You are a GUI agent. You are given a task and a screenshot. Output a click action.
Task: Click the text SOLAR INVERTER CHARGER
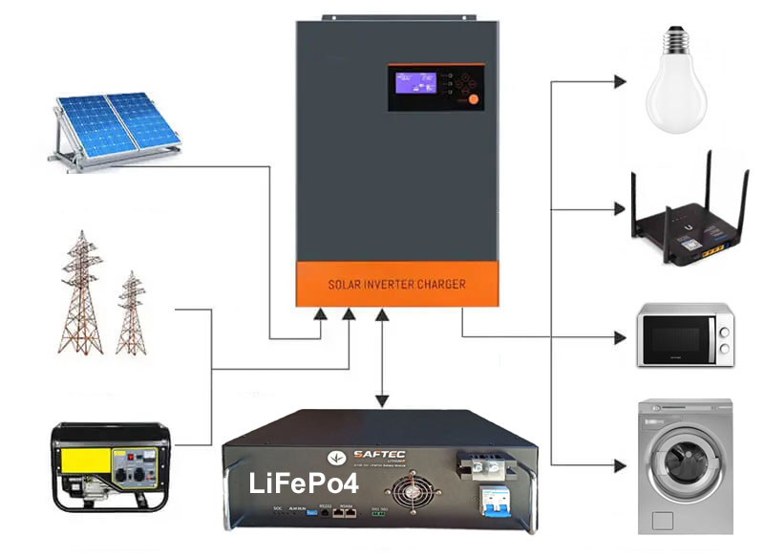click(396, 284)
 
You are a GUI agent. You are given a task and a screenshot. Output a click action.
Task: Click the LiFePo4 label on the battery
click(290, 483)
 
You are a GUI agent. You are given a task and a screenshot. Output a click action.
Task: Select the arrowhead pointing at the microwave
click(621, 336)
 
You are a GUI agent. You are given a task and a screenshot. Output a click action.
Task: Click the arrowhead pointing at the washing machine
click(621, 466)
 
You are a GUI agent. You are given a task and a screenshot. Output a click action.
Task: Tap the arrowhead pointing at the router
click(621, 208)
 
